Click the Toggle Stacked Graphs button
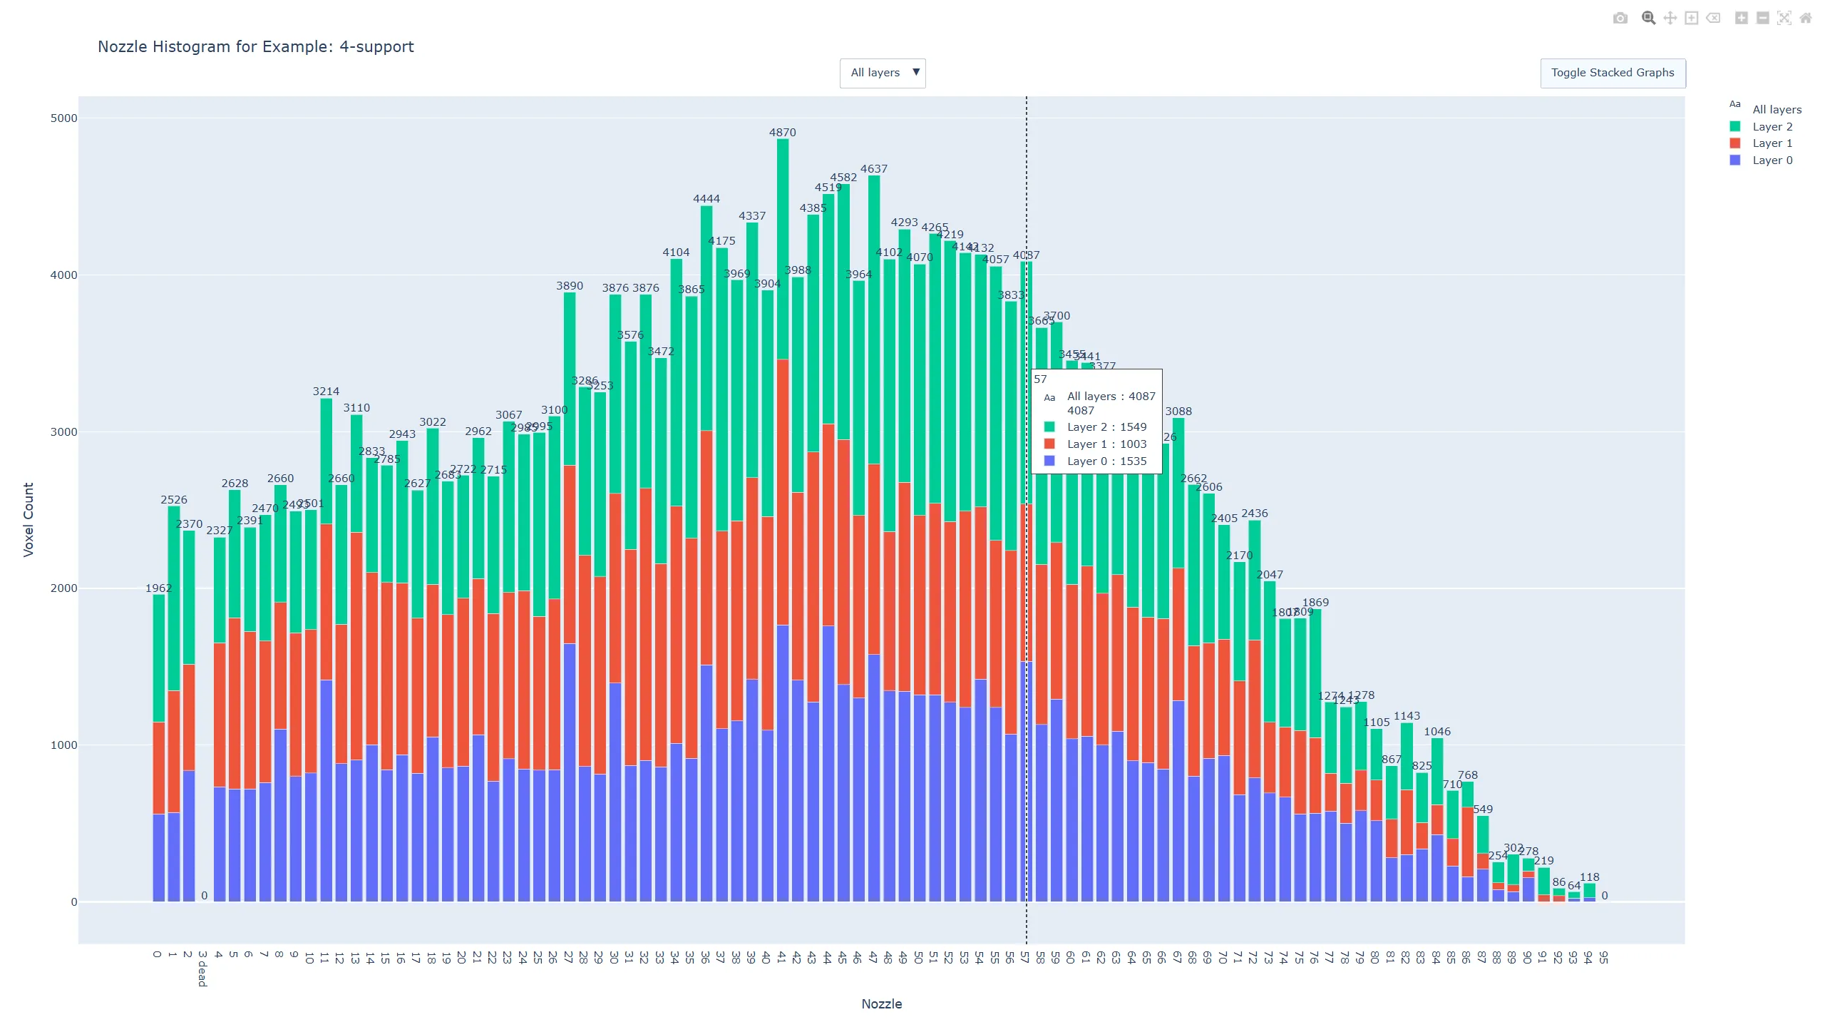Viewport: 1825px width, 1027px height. pos(1613,73)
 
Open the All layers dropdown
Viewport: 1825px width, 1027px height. pos(883,73)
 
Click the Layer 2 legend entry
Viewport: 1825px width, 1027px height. pos(1772,126)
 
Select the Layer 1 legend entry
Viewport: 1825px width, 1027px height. pos(1772,143)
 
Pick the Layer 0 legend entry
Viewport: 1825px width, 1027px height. pos(1772,160)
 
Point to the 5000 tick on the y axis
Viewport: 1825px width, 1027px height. pos(63,118)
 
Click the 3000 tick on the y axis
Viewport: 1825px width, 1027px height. pos(63,431)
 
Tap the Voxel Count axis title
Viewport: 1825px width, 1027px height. pos(29,519)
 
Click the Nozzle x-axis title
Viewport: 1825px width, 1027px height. pos(881,1003)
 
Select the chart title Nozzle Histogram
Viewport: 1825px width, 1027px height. pos(255,46)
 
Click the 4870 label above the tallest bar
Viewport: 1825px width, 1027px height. pos(782,133)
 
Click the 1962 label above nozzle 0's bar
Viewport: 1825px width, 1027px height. pos(158,588)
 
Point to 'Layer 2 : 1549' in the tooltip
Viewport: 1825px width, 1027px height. pos(1106,427)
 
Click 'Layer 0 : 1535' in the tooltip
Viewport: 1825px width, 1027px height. pos(1106,461)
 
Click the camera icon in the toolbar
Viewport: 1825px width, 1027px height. pos(1620,19)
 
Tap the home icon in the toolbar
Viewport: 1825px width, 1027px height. pos(1806,19)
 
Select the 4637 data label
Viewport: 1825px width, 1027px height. pos(873,169)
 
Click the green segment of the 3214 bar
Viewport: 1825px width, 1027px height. pos(326,460)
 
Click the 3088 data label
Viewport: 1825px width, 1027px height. pos(1178,412)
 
